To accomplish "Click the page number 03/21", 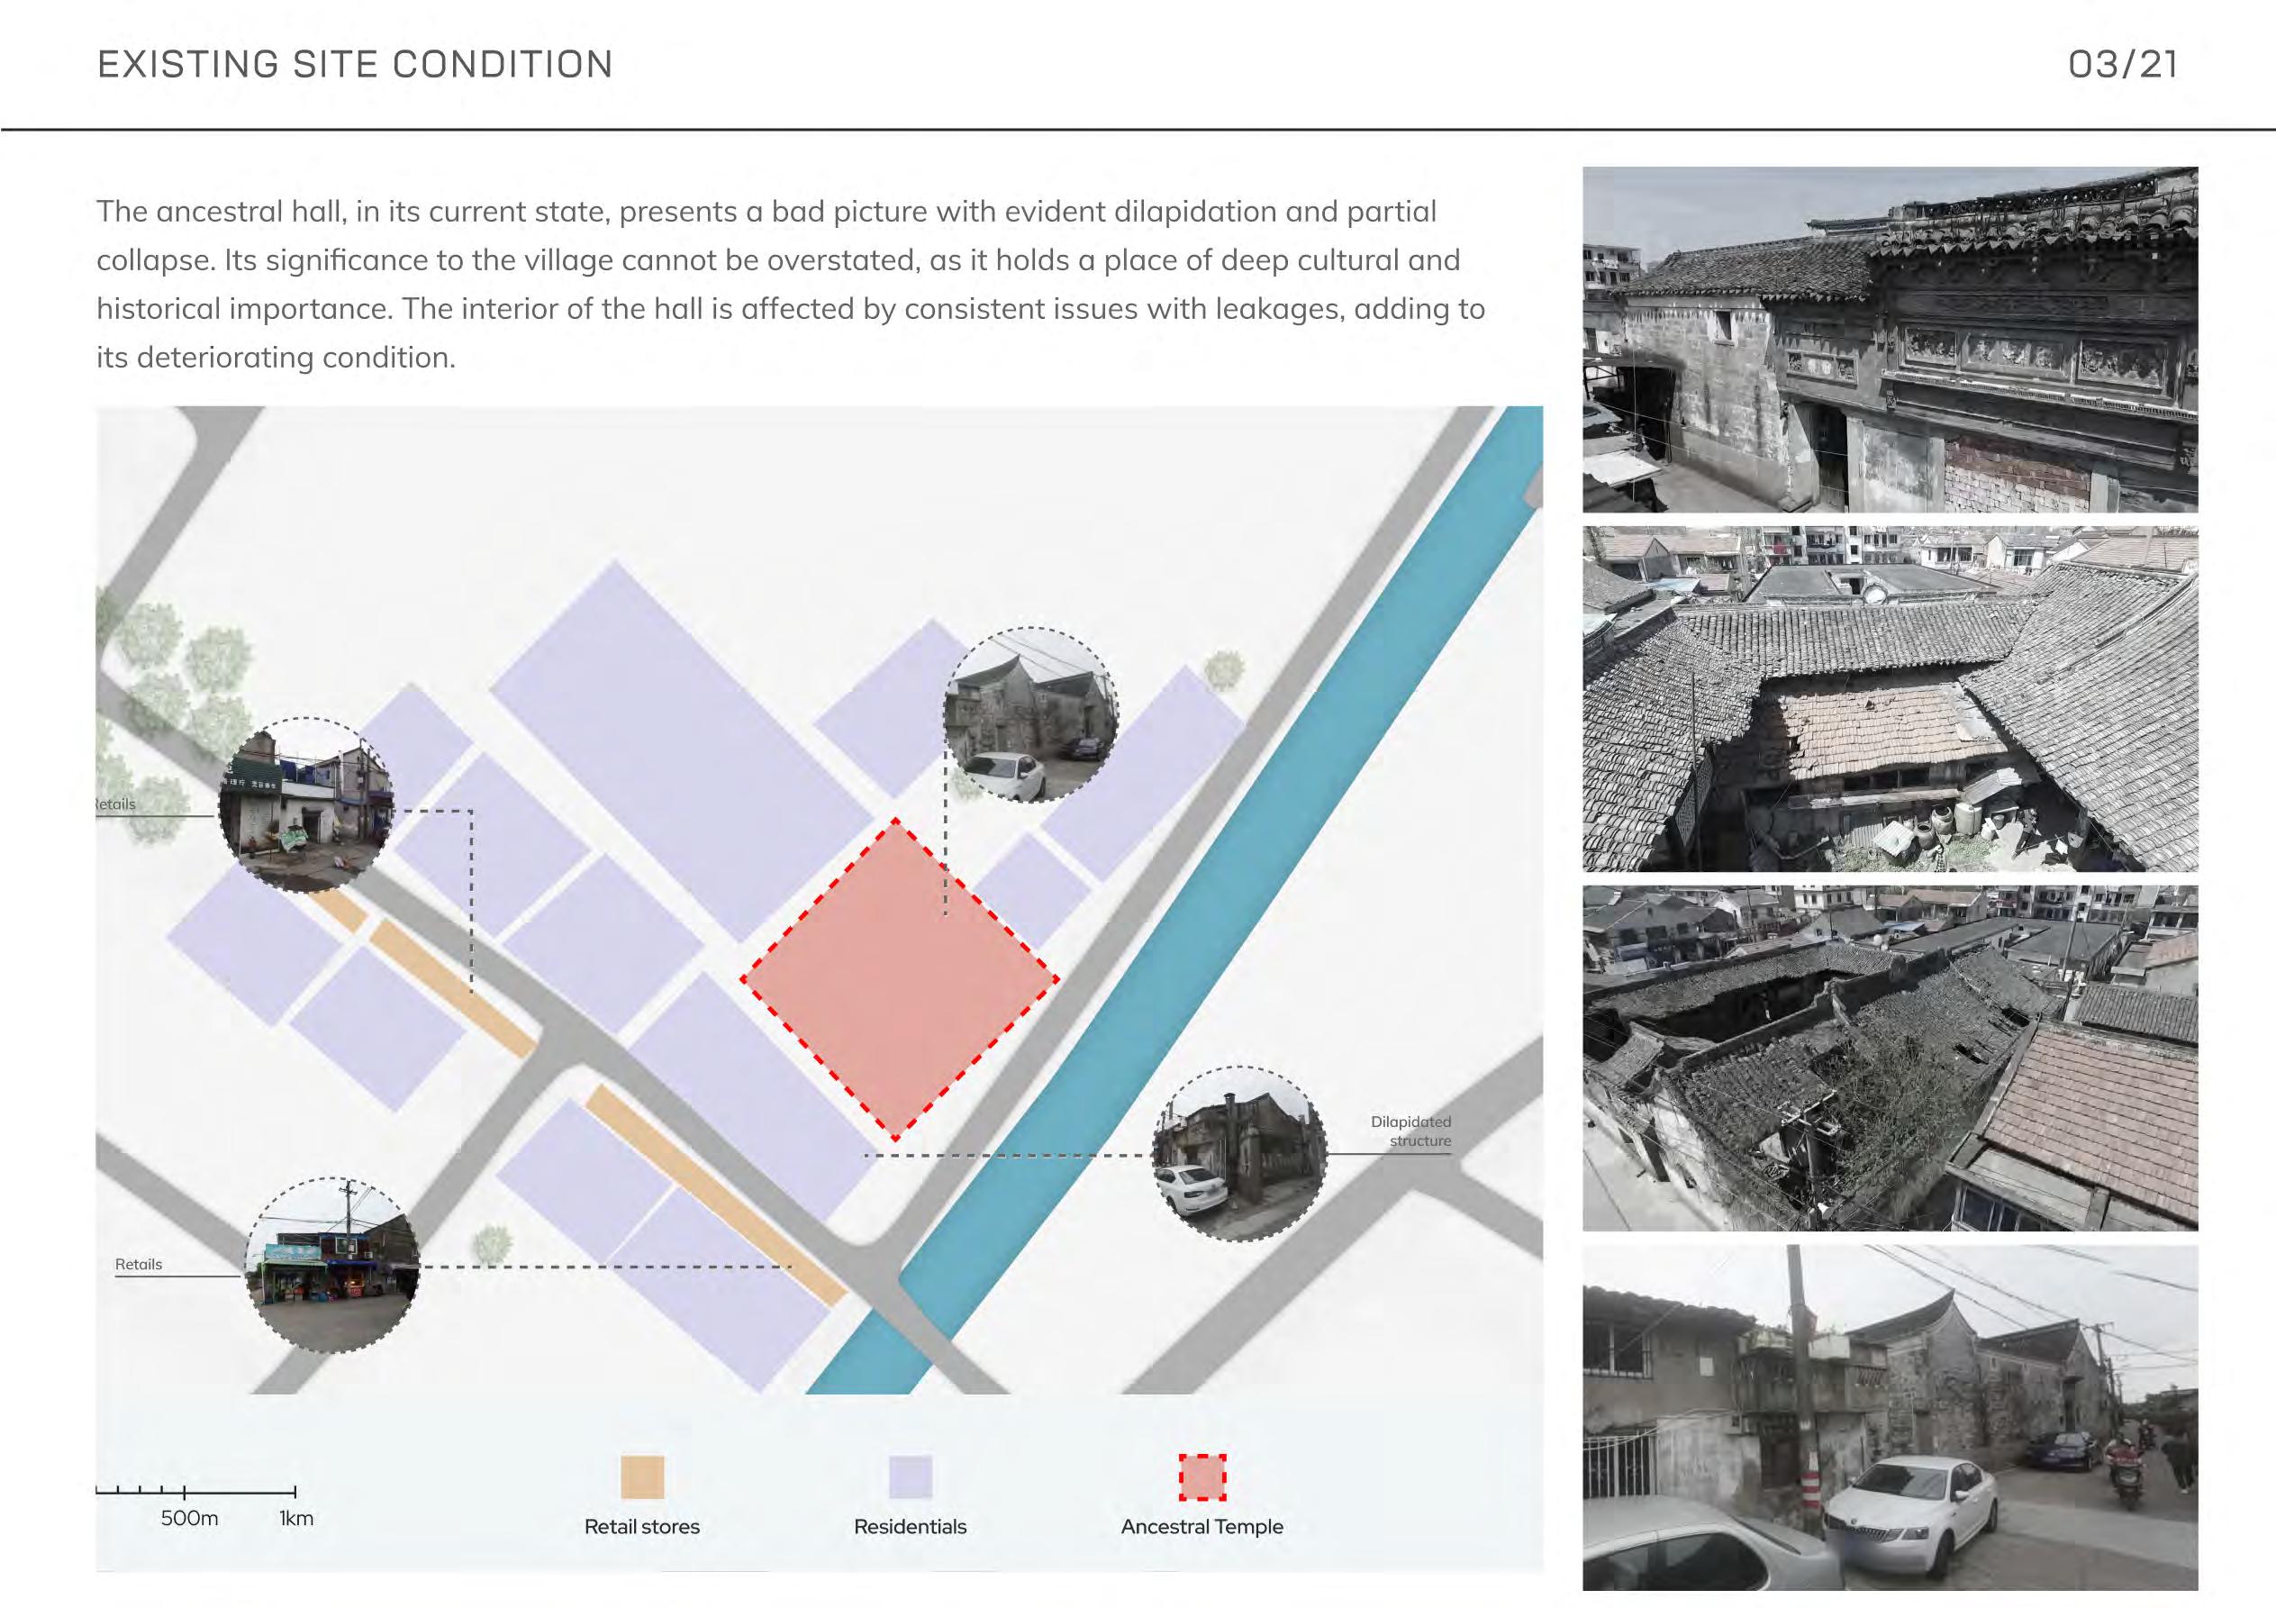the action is pos(2122,65).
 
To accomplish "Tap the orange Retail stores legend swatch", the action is pos(641,1477).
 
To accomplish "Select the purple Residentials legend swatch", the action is pos(910,1477).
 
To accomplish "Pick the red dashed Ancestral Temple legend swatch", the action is pos(1202,1477).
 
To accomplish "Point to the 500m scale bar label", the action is pos(189,1519).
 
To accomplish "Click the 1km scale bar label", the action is pos(295,1519).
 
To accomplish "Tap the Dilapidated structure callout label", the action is pos(1411,1131).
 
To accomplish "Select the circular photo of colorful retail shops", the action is pos(332,1265).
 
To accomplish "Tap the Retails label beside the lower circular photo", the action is pos(138,1265).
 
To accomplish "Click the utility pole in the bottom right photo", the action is pos(1802,1388).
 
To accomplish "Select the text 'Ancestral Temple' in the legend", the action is pos(1201,1527).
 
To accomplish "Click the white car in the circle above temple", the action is pos(1003,776).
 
